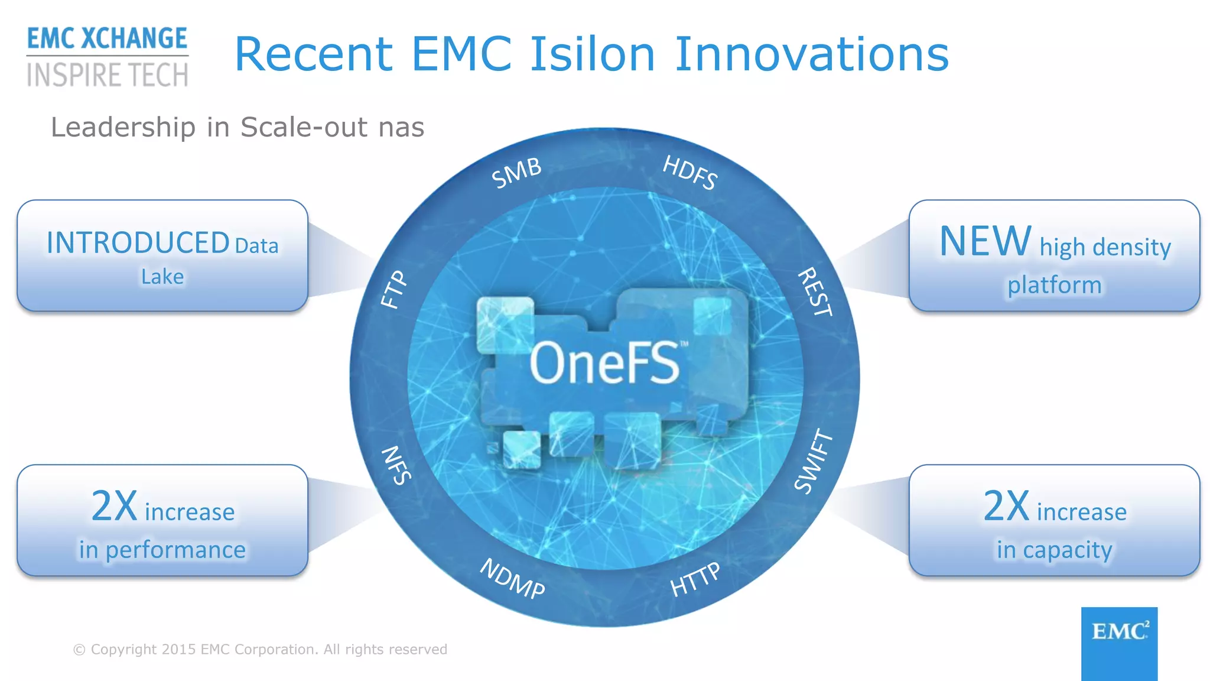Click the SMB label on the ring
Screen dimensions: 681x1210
tap(516, 173)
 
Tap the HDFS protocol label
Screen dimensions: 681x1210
tap(690, 173)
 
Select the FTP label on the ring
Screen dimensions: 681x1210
tap(393, 290)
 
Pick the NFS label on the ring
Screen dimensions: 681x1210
tap(396, 465)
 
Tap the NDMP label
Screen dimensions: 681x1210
tap(512, 579)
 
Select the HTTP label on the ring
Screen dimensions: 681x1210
tap(695, 579)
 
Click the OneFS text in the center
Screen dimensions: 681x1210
tap(605, 363)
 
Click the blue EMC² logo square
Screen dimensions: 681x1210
tap(1119, 643)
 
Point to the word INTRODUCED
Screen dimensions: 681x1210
tap(138, 243)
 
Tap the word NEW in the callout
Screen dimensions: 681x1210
tap(985, 241)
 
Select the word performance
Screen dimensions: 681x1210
tap(175, 550)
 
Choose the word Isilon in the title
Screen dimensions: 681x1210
tap(592, 54)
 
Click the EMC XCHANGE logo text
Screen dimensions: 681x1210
tap(107, 38)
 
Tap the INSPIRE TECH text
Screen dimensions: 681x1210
tap(107, 76)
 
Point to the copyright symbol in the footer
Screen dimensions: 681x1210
tap(79, 650)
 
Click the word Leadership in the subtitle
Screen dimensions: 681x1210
tap(123, 127)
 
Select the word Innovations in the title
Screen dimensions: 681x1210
tap(811, 54)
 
